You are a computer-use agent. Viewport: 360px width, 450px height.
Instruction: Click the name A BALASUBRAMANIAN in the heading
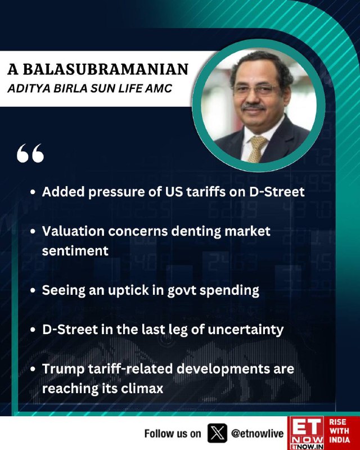point(98,69)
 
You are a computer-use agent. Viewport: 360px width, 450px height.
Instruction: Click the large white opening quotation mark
point(30,153)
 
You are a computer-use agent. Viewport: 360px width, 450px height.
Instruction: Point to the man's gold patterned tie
point(256,148)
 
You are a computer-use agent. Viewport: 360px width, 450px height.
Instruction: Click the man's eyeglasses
point(255,89)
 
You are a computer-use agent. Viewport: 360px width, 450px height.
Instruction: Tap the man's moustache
point(253,107)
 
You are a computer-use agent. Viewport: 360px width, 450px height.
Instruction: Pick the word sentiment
point(75,251)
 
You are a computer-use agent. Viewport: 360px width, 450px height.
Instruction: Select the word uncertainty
point(245,330)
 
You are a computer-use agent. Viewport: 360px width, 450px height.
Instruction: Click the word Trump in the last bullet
point(63,369)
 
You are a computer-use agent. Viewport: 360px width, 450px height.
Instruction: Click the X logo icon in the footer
point(217,433)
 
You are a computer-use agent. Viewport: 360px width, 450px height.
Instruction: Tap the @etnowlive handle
point(257,433)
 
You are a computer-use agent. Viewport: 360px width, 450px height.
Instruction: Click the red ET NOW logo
point(306,433)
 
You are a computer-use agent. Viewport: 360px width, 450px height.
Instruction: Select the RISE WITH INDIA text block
point(339,431)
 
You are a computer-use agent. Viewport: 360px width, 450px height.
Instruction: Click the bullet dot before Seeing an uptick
point(33,290)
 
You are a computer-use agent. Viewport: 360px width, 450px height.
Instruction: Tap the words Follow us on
point(173,433)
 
